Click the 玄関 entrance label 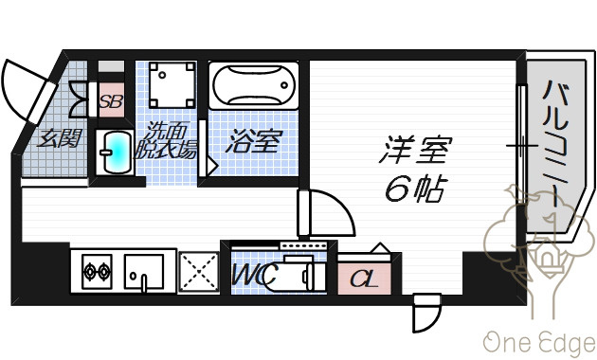pos(60,138)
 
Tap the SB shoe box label pos(111,100)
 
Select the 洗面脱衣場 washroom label pos(167,140)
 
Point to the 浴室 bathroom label pos(254,141)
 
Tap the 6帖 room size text pos(415,189)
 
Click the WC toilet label pos(253,275)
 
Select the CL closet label pos(363,279)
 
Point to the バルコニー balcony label pos(555,144)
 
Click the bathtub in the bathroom pos(254,85)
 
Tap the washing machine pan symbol pos(172,85)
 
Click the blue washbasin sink pos(115,153)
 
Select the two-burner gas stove pos(97,272)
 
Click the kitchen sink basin pos(143,272)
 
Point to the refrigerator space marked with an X pos(199,273)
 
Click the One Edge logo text pos(539,343)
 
